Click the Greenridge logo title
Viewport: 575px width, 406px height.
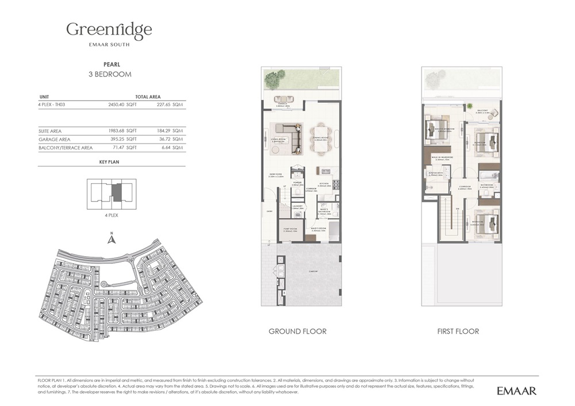coord(109,30)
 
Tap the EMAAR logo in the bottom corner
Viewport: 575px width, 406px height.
coord(516,390)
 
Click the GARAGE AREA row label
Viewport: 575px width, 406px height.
coord(54,140)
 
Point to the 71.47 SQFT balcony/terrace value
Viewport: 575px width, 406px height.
coord(122,148)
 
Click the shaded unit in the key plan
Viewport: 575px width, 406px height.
coord(117,191)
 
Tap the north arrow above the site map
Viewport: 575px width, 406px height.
coord(112,238)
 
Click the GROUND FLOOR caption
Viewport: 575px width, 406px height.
coord(297,331)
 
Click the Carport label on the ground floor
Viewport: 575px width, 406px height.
coord(313,272)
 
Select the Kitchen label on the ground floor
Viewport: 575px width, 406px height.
coord(324,184)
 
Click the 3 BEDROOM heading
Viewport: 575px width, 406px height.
coord(109,74)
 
